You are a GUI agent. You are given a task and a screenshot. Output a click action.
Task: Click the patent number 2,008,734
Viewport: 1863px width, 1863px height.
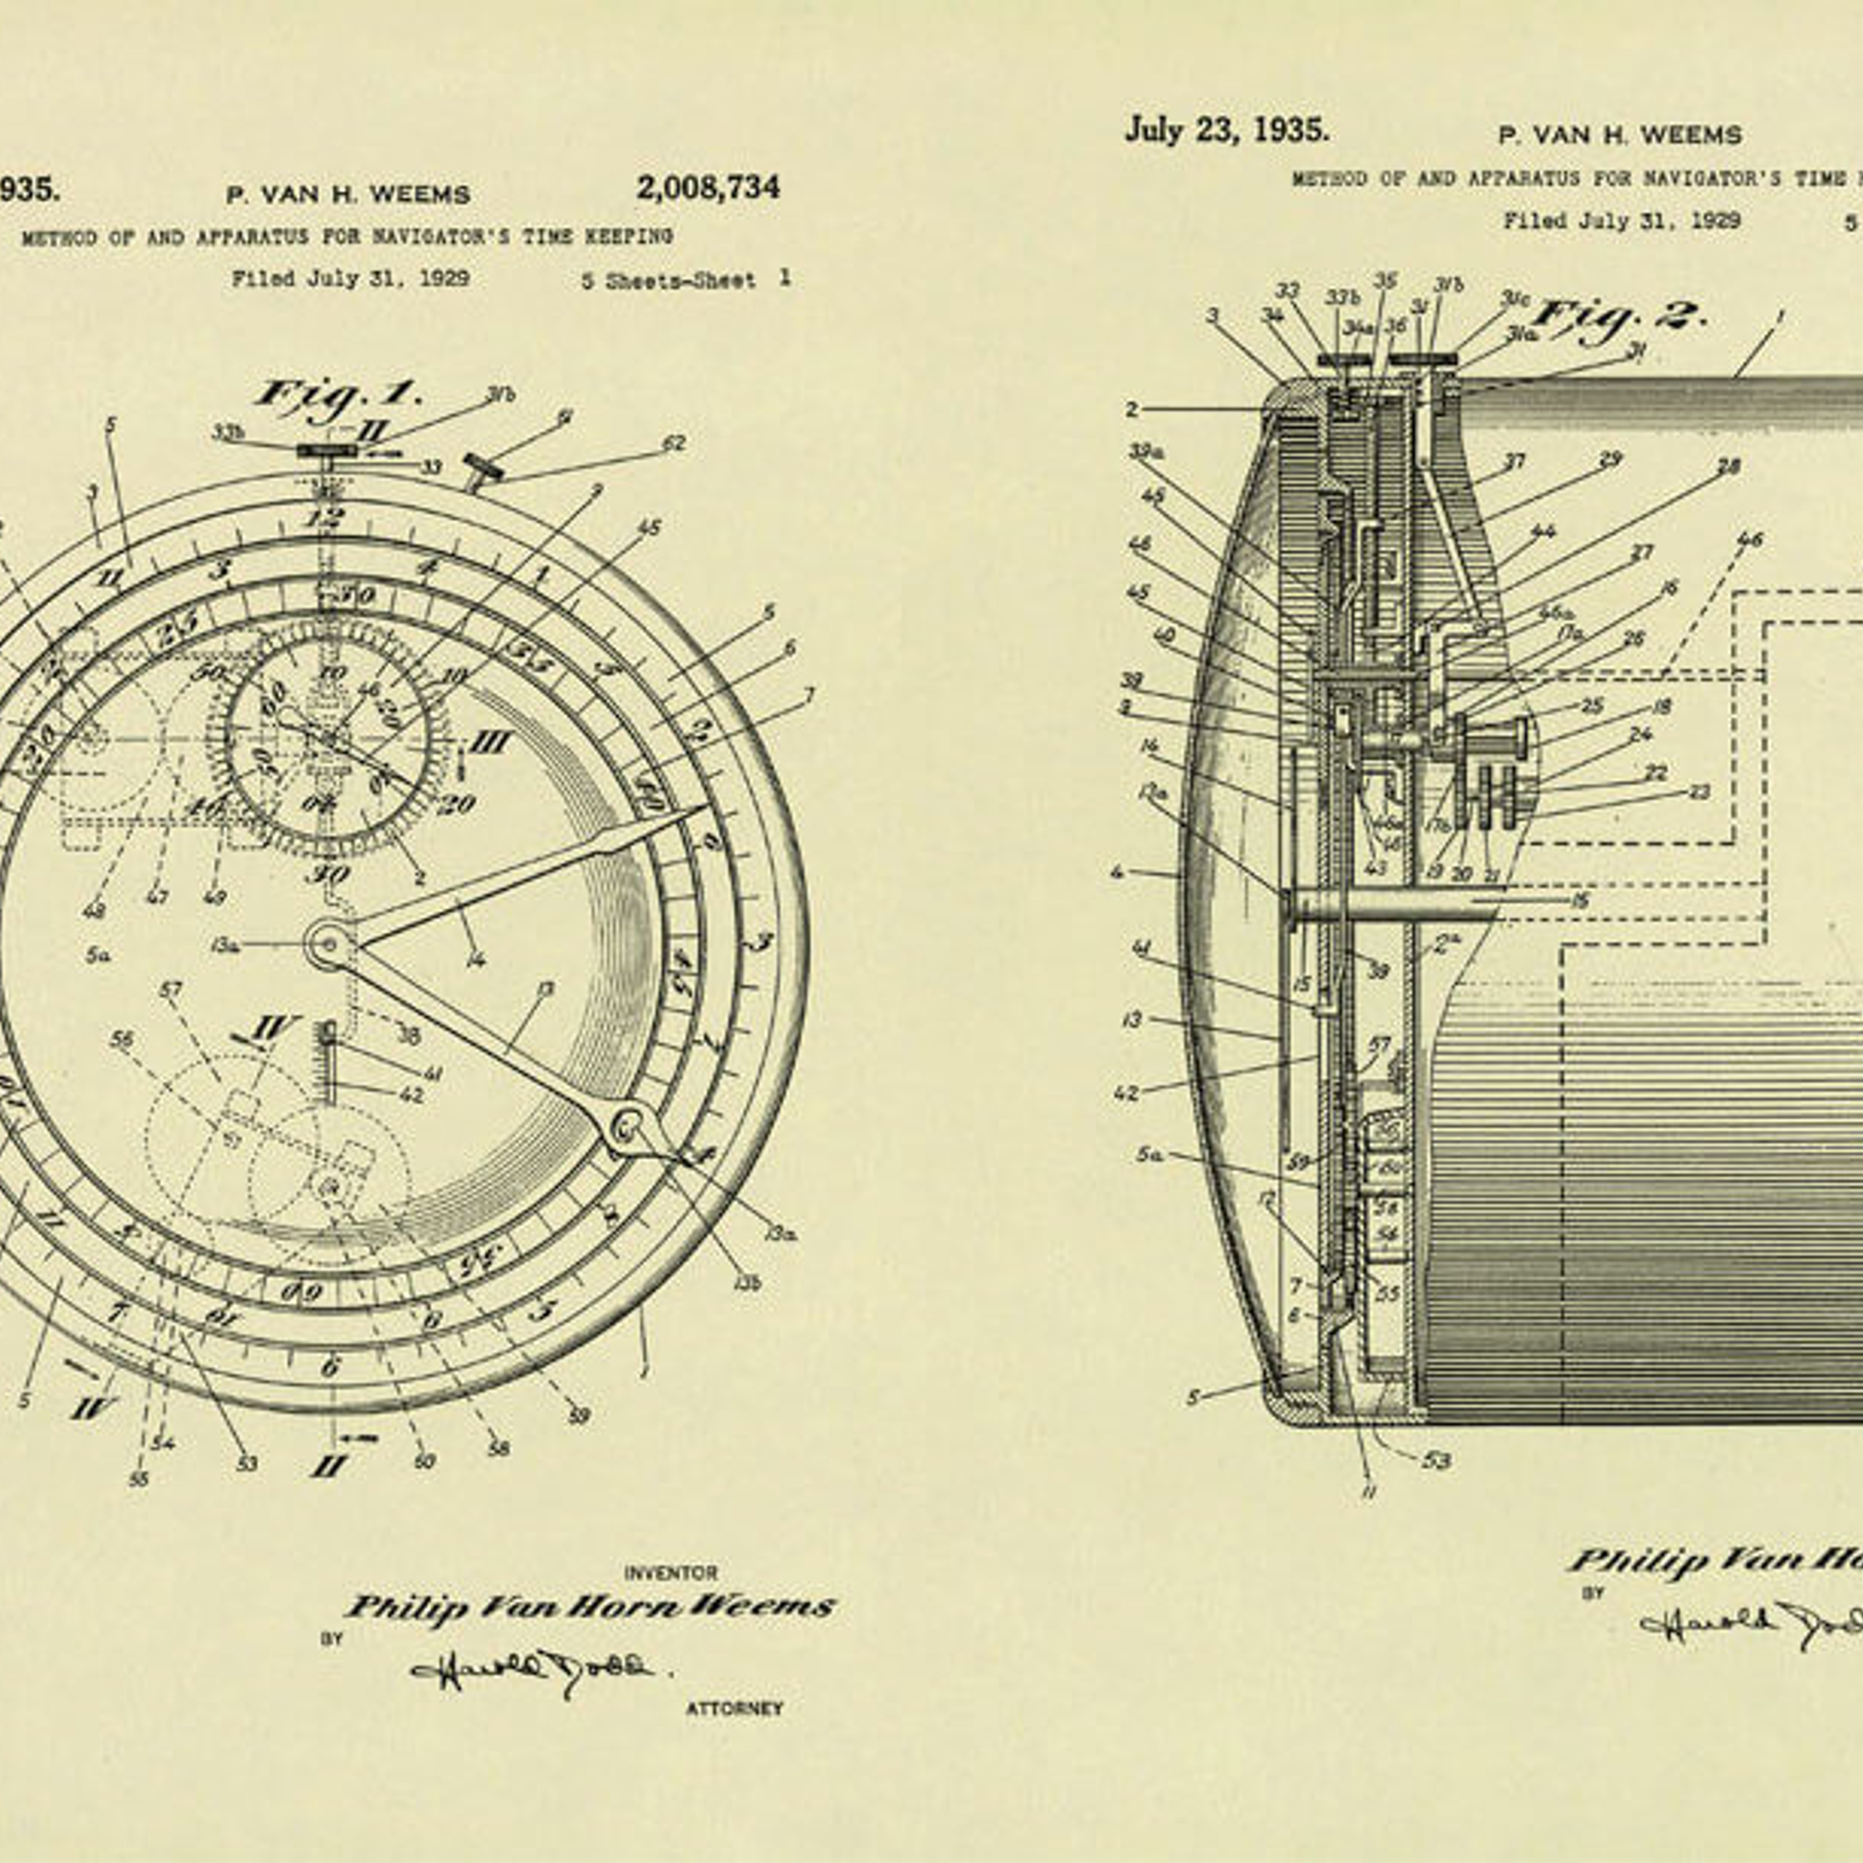707,187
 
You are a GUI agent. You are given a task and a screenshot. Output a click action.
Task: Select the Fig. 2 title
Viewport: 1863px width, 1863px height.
1618,317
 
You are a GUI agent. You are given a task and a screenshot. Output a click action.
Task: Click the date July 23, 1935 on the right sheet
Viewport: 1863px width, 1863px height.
1226,130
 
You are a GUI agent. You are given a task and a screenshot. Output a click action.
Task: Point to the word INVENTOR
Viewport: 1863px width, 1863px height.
670,1573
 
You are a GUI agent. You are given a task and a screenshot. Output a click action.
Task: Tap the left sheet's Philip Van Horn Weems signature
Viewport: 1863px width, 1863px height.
590,1607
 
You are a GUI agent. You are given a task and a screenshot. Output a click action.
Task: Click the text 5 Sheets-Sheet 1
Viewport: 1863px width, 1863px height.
685,280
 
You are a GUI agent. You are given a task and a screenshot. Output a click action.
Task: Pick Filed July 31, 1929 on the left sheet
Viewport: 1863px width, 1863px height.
350,279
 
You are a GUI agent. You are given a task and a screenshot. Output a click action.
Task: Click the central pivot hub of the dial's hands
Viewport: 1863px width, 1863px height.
327,943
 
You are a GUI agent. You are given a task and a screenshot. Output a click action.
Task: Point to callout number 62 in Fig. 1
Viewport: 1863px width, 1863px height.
673,443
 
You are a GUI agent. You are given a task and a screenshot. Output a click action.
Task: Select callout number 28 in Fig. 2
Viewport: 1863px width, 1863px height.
1728,468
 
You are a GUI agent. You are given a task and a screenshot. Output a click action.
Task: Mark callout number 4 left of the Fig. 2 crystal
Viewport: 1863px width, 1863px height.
1118,872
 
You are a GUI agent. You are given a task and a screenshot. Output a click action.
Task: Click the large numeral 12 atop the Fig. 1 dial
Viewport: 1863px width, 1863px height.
323,517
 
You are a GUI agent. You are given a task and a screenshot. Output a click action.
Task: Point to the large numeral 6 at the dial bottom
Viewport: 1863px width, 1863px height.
330,1366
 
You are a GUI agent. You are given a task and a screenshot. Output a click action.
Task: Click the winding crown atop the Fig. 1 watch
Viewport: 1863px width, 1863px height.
328,452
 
